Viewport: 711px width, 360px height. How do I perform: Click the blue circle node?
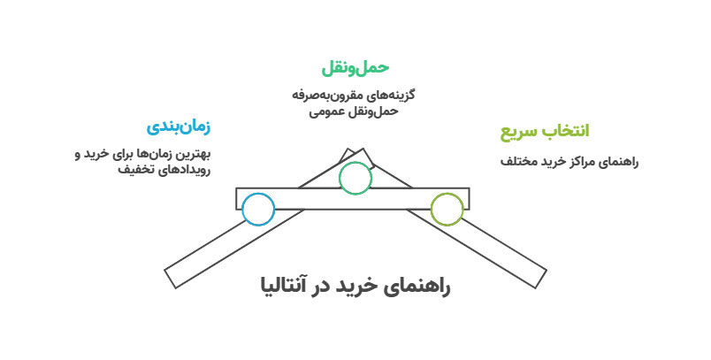[x=257, y=210]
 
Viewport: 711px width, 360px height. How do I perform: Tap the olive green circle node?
[x=447, y=210]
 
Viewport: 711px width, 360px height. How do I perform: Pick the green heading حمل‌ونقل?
[x=355, y=68]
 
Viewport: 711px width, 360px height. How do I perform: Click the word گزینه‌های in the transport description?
[x=394, y=94]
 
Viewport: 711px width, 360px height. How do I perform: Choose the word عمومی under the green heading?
[x=327, y=111]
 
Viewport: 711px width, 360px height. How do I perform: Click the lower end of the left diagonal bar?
[x=174, y=276]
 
